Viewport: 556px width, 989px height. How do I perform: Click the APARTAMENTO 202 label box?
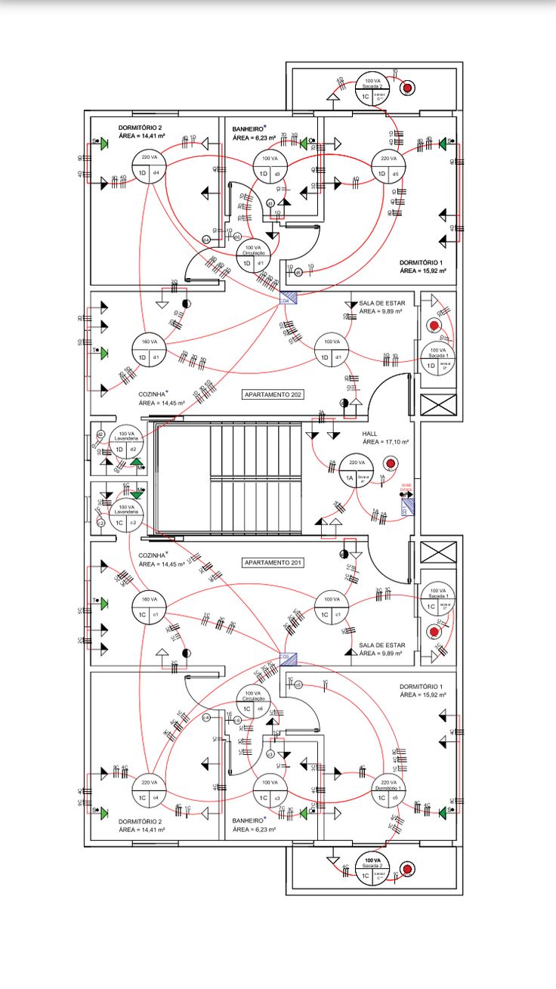tap(273, 394)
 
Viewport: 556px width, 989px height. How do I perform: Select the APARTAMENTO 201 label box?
tap(273, 563)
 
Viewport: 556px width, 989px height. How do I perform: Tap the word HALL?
tap(369, 433)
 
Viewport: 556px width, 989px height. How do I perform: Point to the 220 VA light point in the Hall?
tap(357, 472)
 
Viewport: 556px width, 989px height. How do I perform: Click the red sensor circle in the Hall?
tap(390, 463)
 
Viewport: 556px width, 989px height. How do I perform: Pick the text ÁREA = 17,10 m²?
tap(385, 442)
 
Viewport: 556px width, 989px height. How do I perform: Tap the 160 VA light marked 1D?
tap(149, 350)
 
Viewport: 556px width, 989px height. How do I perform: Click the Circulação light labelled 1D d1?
tap(254, 255)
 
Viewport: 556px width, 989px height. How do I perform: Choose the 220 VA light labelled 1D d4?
tap(149, 166)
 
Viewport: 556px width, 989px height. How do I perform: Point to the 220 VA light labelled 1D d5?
tap(388, 166)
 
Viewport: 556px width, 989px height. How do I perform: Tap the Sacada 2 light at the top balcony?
tap(372, 90)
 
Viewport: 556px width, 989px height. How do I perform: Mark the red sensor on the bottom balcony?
tap(407, 870)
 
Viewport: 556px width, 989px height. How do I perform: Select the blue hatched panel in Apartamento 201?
tap(288, 659)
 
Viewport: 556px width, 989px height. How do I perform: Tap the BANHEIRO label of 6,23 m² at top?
tap(249, 129)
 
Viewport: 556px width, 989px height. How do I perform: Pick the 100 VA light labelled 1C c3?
tap(270, 791)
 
